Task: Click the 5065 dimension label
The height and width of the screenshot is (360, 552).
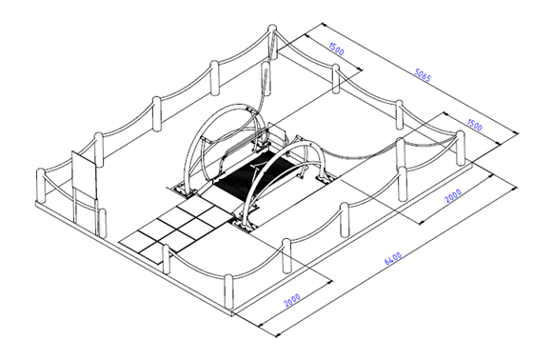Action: [x=423, y=75]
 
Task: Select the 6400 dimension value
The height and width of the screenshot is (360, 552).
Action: [x=393, y=258]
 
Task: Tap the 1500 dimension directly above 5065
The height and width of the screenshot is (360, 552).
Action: [x=336, y=49]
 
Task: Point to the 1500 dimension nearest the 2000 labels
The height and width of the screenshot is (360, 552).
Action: [x=475, y=125]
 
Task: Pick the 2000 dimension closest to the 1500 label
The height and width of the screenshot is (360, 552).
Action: [x=453, y=196]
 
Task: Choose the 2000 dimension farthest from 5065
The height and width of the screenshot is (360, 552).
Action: [x=292, y=300]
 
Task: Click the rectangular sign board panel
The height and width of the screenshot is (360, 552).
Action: [x=84, y=174]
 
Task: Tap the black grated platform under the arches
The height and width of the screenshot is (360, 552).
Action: [x=253, y=172]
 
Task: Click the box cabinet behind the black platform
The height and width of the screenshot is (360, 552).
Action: [x=276, y=132]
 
